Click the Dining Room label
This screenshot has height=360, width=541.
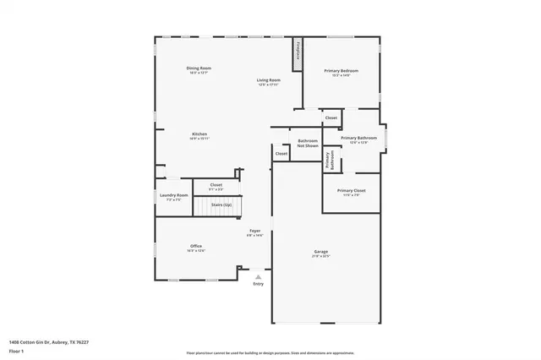click(199, 68)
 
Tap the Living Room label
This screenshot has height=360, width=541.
click(268, 80)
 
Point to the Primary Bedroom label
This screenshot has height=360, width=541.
click(341, 71)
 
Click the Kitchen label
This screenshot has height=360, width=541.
click(199, 134)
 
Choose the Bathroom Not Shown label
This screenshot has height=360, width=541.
click(308, 143)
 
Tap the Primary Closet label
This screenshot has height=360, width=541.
click(351, 190)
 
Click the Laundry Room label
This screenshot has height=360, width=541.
click(174, 195)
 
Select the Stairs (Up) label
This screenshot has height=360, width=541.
click(222, 204)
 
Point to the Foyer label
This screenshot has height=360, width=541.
click(254, 231)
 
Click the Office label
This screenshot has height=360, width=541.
click(196, 246)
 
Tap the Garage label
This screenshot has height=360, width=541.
click(321, 252)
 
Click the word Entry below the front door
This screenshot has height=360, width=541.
click(259, 284)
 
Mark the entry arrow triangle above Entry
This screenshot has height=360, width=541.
click(259, 275)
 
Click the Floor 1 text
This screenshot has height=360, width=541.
click(16, 350)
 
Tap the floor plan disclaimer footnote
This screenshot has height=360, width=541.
click(270, 352)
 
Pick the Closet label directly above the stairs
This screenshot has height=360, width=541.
click(216, 184)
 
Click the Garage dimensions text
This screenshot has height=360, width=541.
click(321, 256)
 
